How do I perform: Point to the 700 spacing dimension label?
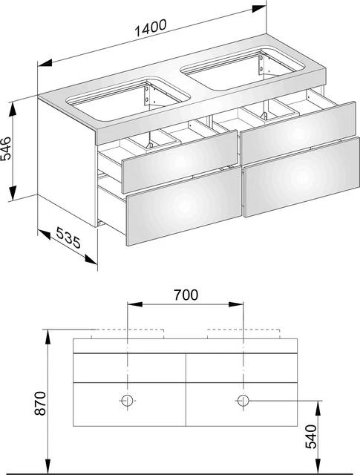coord(186,294)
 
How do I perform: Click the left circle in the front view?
coord(127,401)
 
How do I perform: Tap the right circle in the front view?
coord(243,401)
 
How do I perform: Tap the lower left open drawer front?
coord(182,209)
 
